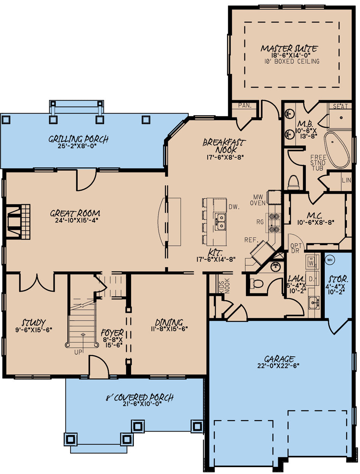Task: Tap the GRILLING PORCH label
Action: coord(78,139)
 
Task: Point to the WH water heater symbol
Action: coord(329,260)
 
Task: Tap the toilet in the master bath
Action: coord(294,182)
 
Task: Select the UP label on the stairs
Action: coord(78,352)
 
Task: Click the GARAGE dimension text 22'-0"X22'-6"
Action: coord(280,366)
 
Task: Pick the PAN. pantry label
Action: coord(245,106)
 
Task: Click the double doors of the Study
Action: coord(37,283)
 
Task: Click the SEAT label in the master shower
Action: coord(340,107)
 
